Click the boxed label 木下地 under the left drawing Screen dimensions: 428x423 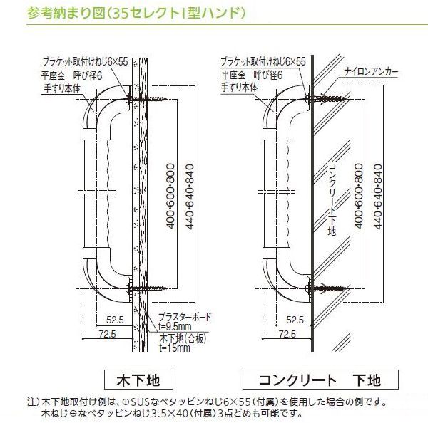(x=138, y=380)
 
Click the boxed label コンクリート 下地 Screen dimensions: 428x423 (x=320, y=380)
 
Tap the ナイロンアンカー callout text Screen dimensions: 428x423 (x=371, y=72)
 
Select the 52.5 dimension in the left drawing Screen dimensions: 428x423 (x=115, y=320)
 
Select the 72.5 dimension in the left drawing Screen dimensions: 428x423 (x=107, y=334)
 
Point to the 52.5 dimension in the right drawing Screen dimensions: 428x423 (x=295, y=320)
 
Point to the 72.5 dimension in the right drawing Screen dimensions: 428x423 (x=287, y=334)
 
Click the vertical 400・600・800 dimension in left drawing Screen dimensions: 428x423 (x=170, y=196)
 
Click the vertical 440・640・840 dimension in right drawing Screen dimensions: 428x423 (x=378, y=197)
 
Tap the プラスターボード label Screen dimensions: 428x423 (x=185, y=317)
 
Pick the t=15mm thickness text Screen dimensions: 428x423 (x=175, y=348)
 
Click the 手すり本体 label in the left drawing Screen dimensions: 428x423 (x=62, y=88)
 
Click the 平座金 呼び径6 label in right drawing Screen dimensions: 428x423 (x=252, y=75)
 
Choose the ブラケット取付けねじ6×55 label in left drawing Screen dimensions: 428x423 (x=86, y=61)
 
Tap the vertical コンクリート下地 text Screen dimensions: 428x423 (x=332, y=199)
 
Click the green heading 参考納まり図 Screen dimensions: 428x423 (x=66, y=13)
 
